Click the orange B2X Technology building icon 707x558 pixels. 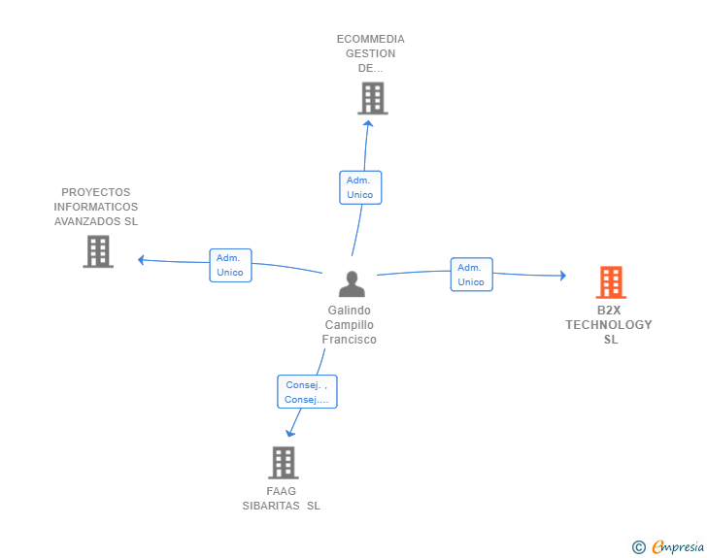pyautogui.click(x=611, y=282)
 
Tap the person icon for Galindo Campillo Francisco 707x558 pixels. pyautogui.click(x=352, y=283)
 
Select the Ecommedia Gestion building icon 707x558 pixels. pyautogui.click(x=372, y=98)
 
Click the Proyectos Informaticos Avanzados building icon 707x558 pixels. pyautogui.click(x=98, y=251)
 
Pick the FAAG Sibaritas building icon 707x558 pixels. pyautogui.click(x=283, y=463)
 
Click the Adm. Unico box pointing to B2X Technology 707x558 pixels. pyautogui.click(x=471, y=275)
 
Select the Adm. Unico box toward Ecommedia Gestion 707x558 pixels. pyautogui.click(x=360, y=187)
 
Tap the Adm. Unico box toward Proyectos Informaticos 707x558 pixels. pyautogui.click(x=230, y=265)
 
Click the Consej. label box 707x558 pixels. pyautogui.click(x=307, y=392)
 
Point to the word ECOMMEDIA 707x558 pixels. pyautogui.click(x=371, y=39)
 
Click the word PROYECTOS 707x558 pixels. pyautogui.click(x=95, y=192)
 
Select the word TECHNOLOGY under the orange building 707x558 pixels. pyautogui.click(x=609, y=325)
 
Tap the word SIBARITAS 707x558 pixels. pyautogui.click(x=271, y=506)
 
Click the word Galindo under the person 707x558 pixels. pyautogui.click(x=349, y=311)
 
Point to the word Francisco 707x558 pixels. pyautogui.click(x=349, y=340)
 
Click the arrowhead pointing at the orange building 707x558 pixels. pyautogui.click(x=561, y=276)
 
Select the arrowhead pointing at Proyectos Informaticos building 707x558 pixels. pyautogui.click(x=142, y=259)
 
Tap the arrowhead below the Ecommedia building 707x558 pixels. pyautogui.click(x=367, y=122)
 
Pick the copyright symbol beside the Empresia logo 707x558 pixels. pyautogui.click(x=638, y=547)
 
